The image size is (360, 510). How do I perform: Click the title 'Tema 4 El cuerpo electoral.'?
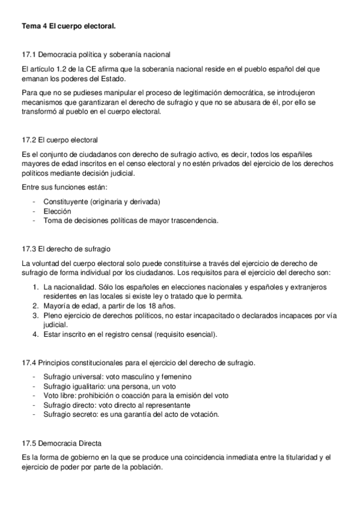tap(69, 26)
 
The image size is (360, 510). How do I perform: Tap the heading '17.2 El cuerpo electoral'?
tap(59, 140)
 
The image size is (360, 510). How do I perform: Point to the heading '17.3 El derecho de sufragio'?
tap(66, 248)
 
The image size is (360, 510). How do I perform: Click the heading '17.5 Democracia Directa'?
tap(61, 443)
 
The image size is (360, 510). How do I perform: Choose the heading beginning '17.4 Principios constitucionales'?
tap(138, 363)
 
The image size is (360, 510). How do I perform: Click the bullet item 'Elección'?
tap(57, 211)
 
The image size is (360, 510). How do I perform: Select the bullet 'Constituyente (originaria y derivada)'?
tap(101, 201)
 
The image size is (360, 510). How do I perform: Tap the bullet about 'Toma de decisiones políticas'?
tap(130, 220)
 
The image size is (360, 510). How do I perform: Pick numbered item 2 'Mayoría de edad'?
tap(102, 306)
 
